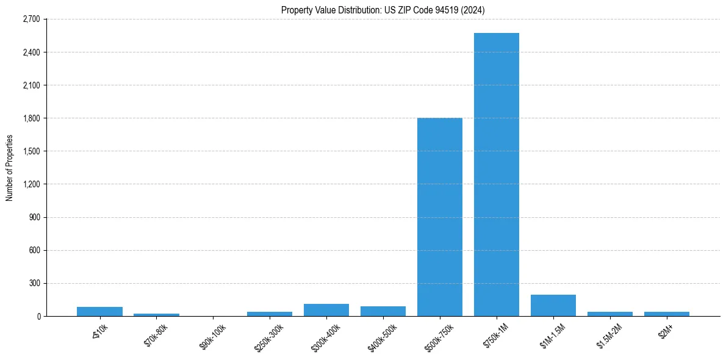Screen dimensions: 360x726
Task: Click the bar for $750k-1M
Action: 496,175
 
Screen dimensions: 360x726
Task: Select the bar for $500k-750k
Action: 439,217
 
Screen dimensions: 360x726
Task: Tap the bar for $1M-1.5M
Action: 553,306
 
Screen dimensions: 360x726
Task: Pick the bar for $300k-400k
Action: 326,310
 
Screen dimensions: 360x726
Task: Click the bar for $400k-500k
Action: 383,311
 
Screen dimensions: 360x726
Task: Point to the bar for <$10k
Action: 99,311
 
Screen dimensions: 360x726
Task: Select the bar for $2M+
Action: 666,314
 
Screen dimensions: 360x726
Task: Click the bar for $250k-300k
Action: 270,314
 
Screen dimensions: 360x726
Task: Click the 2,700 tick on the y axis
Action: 31,20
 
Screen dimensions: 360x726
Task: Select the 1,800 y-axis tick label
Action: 31,118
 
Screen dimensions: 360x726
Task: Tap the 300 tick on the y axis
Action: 34,283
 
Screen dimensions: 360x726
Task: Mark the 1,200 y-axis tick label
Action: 31,184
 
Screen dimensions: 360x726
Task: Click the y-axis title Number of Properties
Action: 9,168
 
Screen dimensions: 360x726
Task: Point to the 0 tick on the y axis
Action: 38,316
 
